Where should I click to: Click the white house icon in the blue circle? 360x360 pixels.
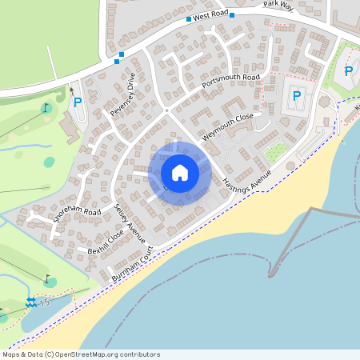(x=180, y=173)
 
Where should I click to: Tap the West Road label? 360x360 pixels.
(x=210, y=15)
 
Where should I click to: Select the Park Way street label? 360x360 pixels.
(x=279, y=5)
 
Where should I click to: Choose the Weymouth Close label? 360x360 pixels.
(x=227, y=127)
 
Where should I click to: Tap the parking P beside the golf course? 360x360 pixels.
(x=78, y=102)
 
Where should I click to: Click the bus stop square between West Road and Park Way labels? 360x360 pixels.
(x=232, y=14)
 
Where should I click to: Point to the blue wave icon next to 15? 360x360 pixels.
(x=30, y=302)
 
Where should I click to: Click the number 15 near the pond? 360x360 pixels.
(x=45, y=302)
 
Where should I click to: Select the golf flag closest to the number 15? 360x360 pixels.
(x=48, y=279)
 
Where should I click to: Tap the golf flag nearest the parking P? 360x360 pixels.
(x=46, y=107)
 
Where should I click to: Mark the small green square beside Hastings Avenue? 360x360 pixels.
(x=275, y=152)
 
